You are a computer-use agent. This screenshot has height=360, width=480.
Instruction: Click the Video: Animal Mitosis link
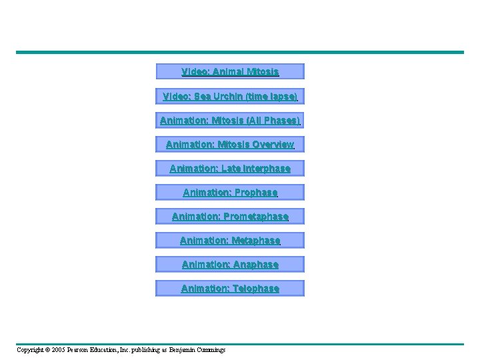pos(230,71)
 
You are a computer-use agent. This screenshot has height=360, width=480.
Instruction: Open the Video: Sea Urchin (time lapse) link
pos(230,96)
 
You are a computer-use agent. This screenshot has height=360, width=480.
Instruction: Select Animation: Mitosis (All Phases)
pos(230,121)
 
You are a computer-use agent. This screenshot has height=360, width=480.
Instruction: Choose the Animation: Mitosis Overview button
pos(230,145)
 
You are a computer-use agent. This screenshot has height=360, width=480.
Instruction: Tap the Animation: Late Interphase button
pos(230,169)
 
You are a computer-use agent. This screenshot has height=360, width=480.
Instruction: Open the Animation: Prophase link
pos(230,193)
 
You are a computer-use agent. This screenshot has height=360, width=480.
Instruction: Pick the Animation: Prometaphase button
pos(230,217)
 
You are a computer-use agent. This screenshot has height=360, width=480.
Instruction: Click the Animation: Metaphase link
pos(230,241)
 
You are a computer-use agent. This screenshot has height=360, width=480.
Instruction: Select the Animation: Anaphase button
pos(230,265)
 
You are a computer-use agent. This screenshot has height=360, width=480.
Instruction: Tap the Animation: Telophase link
pos(230,289)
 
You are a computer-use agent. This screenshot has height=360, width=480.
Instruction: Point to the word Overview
pos(273,145)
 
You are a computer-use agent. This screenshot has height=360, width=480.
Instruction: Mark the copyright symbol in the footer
pos(48,350)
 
